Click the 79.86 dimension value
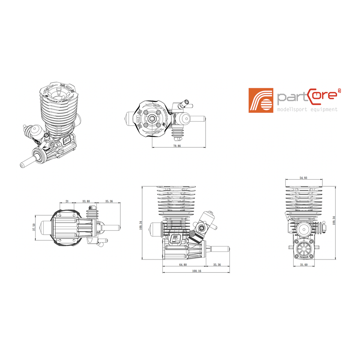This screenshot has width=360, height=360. [177, 145]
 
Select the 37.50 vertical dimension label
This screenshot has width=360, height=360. [34, 228]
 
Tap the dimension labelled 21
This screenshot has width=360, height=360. [67, 201]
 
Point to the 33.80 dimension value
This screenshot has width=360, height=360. [86, 201]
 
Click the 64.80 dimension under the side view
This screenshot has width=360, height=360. [183, 265]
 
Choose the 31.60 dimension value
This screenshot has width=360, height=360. [304, 265]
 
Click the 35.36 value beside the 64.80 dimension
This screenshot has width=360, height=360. [217, 265]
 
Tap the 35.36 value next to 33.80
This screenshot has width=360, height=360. [109, 201]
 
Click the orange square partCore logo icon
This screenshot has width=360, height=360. [261, 100]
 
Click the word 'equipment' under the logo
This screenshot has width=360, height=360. [322, 109]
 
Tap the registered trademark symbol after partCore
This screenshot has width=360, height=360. [339, 90]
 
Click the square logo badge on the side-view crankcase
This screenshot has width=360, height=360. [175, 239]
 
